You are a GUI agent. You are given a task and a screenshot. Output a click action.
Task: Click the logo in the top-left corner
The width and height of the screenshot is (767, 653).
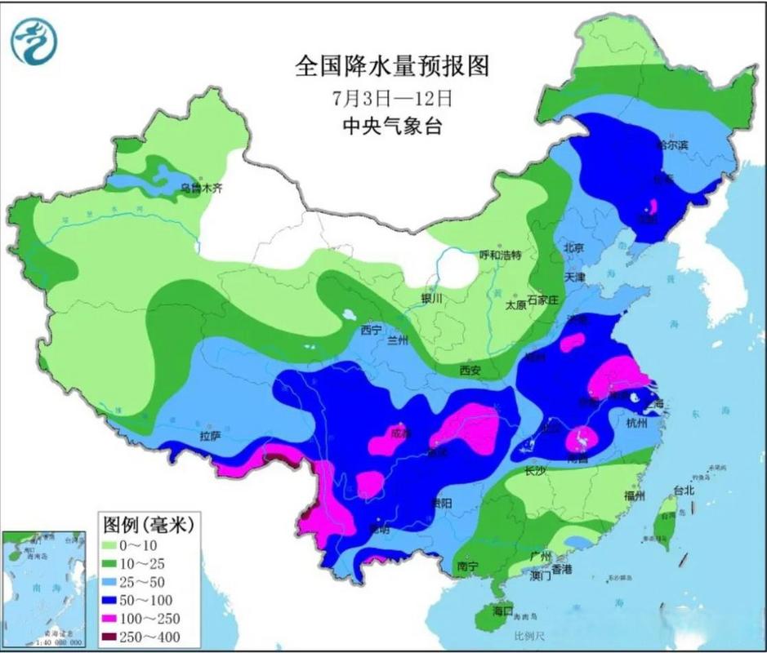33,41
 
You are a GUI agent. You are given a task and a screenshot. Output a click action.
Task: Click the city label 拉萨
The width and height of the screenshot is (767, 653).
210,437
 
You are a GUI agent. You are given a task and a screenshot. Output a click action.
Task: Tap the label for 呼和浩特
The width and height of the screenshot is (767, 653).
499,255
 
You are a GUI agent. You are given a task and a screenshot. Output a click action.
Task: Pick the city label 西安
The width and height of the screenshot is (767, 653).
470,370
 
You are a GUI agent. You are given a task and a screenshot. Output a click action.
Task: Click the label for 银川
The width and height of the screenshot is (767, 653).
430,299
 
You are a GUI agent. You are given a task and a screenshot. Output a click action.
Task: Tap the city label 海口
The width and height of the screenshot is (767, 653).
502,611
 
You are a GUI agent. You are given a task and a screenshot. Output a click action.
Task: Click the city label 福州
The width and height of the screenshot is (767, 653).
635,495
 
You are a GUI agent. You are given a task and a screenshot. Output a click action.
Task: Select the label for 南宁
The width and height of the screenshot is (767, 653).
467,565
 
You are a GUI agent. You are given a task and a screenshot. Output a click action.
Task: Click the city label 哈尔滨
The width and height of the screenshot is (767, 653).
672,144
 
